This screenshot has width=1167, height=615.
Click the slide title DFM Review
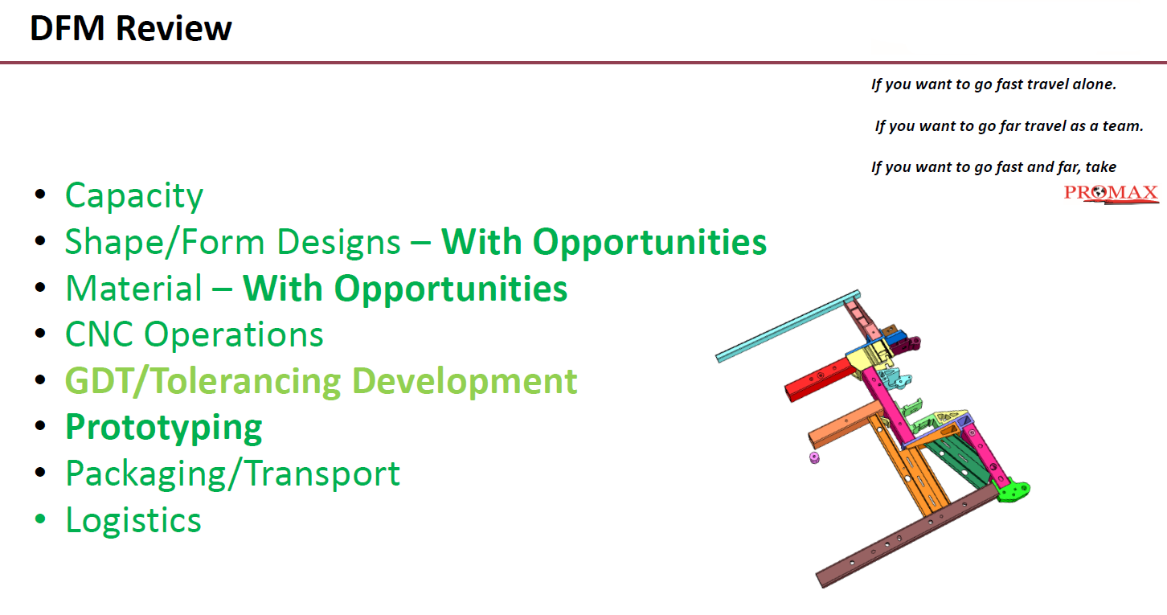130,28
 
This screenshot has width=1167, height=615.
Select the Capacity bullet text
134,196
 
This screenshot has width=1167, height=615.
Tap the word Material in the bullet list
133,289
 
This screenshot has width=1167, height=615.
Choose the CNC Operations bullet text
194,334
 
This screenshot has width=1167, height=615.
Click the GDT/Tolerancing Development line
321,381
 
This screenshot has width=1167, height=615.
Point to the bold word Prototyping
164,428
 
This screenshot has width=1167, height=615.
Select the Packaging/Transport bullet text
232,474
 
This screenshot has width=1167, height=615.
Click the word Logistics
133,521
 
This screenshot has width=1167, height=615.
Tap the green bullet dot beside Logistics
40,519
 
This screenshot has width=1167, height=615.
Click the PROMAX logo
1111,194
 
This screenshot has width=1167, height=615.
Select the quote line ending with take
993,167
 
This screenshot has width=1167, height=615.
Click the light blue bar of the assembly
788,326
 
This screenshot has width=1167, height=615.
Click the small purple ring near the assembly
814,457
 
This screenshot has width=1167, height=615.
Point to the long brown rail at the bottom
907,537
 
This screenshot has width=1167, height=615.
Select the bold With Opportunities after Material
405,289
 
